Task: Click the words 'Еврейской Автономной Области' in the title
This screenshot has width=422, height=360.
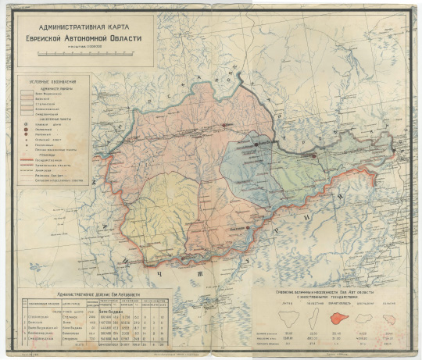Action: pos(75,37)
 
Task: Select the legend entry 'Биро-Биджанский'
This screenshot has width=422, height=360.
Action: pos(53,94)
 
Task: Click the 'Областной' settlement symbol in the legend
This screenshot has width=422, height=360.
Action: pos(28,123)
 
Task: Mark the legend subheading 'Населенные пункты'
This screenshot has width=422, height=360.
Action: pos(53,118)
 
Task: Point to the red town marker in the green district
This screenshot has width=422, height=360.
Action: pos(314,155)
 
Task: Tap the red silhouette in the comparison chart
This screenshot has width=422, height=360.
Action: pos(338,318)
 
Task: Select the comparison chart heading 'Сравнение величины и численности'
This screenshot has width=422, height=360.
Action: pos(334,290)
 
